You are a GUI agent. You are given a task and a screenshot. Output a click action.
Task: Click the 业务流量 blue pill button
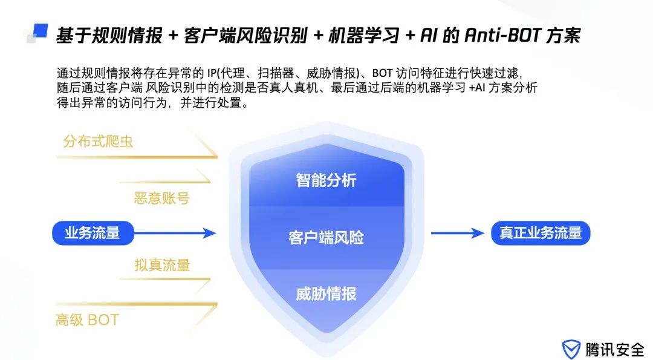(x=93, y=233)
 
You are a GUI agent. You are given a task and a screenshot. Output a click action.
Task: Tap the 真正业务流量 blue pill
(x=540, y=233)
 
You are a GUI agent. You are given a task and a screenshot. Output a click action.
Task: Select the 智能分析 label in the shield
(x=326, y=180)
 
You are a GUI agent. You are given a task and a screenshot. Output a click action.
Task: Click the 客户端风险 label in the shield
(x=326, y=237)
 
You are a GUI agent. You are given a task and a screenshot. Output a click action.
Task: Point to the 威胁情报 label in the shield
(x=326, y=294)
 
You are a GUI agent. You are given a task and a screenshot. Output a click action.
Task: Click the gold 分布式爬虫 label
(x=98, y=142)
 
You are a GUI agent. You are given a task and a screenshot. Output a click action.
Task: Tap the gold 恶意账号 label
(x=161, y=198)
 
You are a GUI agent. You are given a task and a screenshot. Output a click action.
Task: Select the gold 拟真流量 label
(x=162, y=265)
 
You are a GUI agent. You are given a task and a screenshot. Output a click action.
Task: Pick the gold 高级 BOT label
(x=87, y=320)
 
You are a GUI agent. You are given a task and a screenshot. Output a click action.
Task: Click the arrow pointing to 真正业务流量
(x=455, y=233)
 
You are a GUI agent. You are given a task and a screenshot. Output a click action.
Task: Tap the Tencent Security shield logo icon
(x=571, y=349)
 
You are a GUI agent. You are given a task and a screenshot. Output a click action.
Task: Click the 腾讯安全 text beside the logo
(x=614, y=349)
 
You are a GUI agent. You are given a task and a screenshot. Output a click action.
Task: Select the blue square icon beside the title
(x=40, y=31)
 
